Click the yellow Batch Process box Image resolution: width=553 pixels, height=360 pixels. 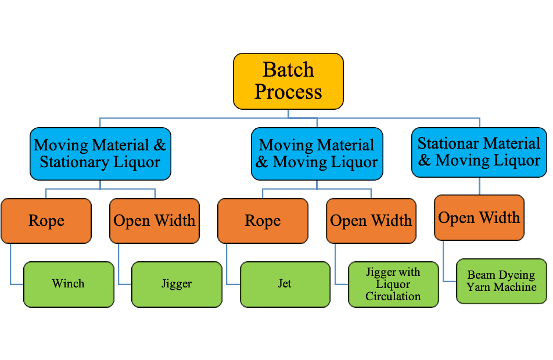click(288, 81)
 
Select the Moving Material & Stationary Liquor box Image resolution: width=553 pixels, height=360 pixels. click(100, 153)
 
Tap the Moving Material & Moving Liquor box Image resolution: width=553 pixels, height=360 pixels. click(317, 154)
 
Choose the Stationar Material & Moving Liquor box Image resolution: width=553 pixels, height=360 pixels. click(479, 152)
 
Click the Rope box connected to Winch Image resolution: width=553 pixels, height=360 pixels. click(46, 221)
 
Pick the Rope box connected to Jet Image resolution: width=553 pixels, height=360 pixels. click(263, 221)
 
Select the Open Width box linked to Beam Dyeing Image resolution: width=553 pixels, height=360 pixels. click(479, 218)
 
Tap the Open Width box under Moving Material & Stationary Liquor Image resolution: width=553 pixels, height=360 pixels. click(154, 221)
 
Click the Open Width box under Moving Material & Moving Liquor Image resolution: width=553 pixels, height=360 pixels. click(371, 221)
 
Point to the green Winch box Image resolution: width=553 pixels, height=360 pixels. click(68, 284)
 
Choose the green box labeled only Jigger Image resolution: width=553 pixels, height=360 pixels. click(177, 284)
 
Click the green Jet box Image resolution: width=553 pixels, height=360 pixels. click(285, 284)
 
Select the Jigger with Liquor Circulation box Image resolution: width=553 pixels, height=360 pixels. click(393, 284)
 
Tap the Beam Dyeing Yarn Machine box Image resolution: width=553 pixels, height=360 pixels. click(501, 281)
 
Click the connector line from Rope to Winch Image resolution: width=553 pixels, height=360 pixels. click(11, 264)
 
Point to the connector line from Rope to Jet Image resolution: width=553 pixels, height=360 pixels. click(228, 264)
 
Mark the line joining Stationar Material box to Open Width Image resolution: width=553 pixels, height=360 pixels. click(479, 186)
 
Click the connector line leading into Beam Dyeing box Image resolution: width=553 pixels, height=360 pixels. click(444, 261)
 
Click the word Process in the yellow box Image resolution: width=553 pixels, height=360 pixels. click(288, 92)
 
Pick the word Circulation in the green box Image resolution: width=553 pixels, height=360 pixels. click(393, 296)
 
